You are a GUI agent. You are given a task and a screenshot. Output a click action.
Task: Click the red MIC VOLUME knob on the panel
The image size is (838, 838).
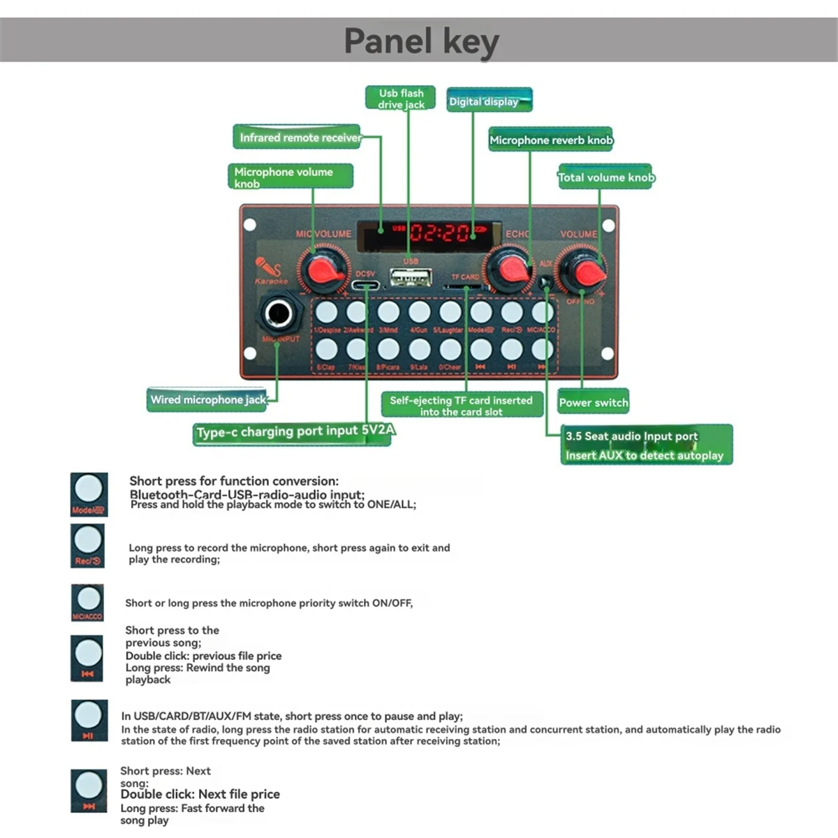323,270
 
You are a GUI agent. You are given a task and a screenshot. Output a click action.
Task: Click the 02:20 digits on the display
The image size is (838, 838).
440,232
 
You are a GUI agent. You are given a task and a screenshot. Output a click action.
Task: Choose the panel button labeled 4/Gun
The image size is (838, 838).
419,312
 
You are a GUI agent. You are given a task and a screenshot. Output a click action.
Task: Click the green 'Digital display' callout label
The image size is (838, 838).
489,101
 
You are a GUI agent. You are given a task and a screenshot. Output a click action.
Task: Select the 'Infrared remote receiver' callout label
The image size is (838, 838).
300,138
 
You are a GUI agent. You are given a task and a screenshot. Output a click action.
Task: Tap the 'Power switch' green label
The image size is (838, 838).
594,402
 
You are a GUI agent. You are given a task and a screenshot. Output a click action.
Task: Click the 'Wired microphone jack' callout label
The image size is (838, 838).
208,399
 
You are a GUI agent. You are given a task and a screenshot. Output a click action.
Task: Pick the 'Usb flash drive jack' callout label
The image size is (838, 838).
401,98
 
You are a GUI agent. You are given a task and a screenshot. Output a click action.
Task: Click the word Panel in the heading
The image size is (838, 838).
388,41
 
